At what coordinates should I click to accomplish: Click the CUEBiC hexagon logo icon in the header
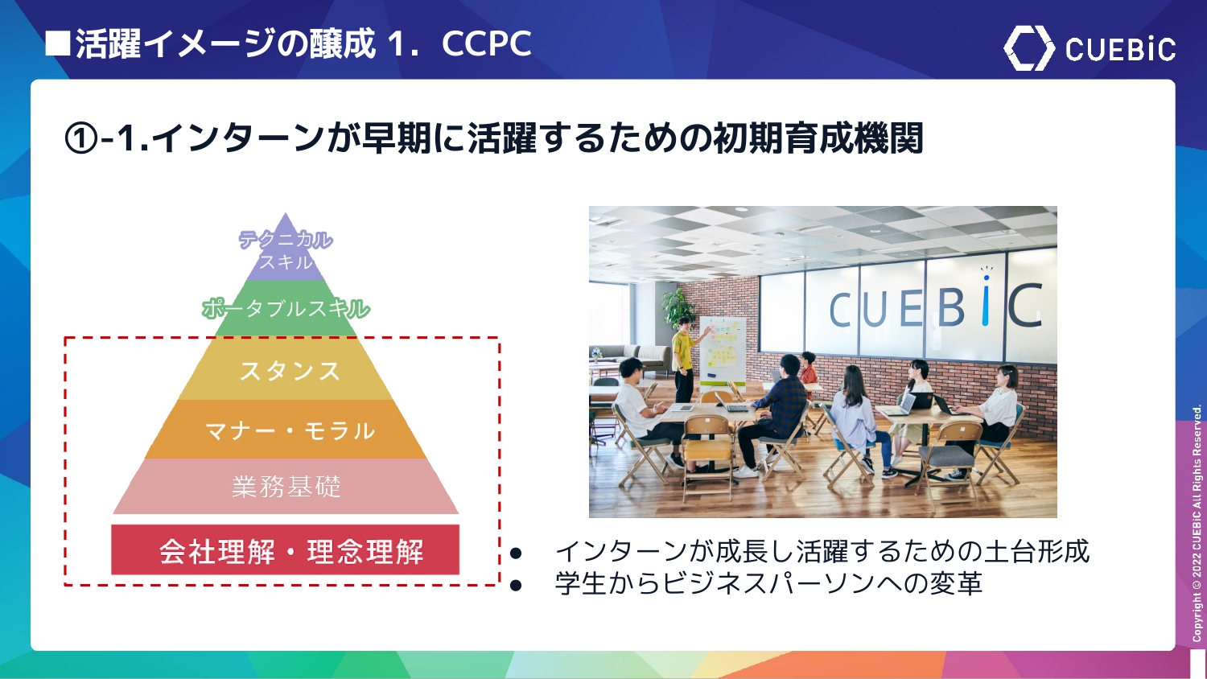pyautogui.click(x=1028, y=48)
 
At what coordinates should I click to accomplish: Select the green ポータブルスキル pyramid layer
pyautogui.click(x=286, y=309)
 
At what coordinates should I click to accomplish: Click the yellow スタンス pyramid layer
pyautogui.click(x=286, y=369)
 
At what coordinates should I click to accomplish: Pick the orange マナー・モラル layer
pyautogui.click(x=286, y=430)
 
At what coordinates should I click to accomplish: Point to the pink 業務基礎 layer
pyautogui.click(x=286, y=486)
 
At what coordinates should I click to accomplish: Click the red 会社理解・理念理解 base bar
pyautogui.click(x=285, y=549)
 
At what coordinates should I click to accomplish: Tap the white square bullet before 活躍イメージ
pyautogui.click(x=58, y=44)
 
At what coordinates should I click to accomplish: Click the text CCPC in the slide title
pyautogui.click(x=487, y=43)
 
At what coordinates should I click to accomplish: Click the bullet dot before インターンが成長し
pyautogui.click(x=516, y=553)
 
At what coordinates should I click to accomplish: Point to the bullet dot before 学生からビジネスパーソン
pyautogui.click(x=516, y=585)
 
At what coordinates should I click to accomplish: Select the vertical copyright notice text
pyautogui.click(x=1197, y=523)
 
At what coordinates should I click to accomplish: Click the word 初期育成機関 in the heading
pyautogui.click(x=818, y=138)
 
